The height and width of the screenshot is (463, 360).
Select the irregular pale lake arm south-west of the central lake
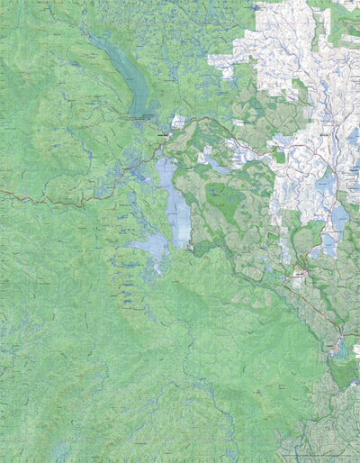150,245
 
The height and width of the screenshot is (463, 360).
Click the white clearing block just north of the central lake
178,121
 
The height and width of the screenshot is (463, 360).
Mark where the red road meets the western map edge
2,191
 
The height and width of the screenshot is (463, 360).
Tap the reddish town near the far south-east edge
338,346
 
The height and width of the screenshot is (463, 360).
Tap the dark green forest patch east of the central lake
221,195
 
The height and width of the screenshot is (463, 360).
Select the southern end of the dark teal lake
141,115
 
